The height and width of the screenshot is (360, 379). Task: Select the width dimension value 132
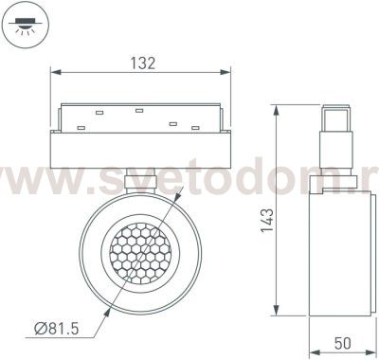141,63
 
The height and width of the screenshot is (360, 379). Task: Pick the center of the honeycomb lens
142,251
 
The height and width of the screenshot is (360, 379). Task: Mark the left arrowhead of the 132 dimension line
55,73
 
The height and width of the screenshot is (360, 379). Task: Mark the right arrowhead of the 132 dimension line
228,73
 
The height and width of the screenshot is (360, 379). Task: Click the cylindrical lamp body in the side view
338,246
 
